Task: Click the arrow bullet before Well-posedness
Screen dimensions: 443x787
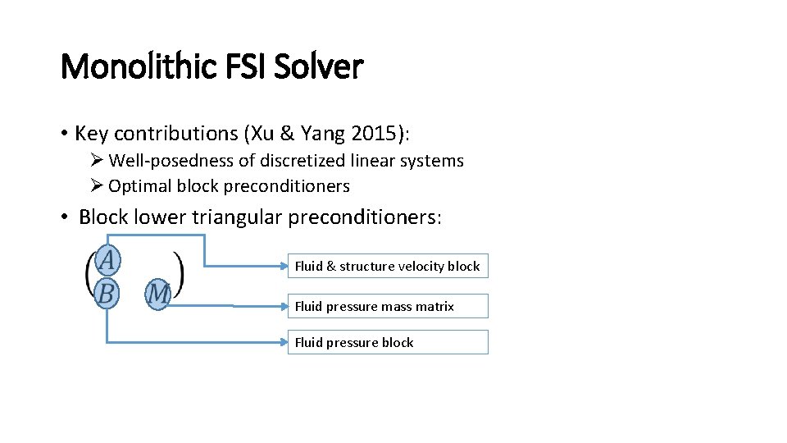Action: tap(98, 161)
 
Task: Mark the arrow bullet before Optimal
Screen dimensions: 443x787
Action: tap(98, 186)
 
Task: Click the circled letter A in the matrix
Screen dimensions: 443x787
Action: tap(107, 262)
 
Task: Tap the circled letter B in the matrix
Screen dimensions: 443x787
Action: tap(107, 293)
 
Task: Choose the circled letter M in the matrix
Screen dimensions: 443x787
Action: tap(158, 294)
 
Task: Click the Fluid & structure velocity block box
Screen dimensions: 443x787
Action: tap(388, 266)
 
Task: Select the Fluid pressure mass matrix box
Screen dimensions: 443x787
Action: tap(388, 306)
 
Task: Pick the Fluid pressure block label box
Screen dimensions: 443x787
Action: tap(388, 342)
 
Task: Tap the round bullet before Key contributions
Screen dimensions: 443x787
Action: tap(64, 134)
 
